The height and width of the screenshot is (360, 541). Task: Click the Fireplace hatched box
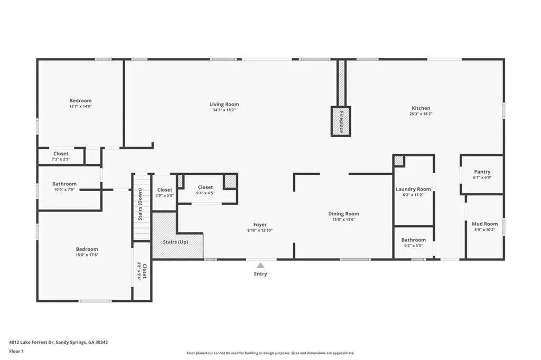click(x=341, y=121)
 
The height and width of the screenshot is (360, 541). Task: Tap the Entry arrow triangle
click(x=260, y=266)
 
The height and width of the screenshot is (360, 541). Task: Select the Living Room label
click(x=224, y=105)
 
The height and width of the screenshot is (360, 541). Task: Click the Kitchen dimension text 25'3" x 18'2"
click(x=421, y=114)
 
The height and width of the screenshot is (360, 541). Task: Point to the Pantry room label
click(x=482, y=172)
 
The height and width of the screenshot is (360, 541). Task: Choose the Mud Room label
click(x=484, y=224)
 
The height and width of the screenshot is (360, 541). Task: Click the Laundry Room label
click(x=413, y=189)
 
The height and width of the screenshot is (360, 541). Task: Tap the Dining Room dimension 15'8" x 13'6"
click(x=343, y=220)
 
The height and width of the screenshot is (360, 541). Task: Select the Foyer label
click(x=260, y=225)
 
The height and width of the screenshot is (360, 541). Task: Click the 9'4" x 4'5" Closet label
click(x=206, y=187)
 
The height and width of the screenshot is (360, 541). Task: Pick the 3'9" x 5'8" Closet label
click(x=164, y=190)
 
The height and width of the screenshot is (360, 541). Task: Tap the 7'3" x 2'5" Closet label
click(x=61, y=154)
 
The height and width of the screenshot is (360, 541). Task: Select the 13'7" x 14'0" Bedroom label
click(x=80, y=101)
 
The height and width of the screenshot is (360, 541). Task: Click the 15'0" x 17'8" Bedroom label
click(x=87, y=249)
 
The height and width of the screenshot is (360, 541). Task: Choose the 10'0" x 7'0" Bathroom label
click(x=64, y=184)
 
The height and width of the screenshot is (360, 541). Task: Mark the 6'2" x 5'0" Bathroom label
click(x=413, y=240)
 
